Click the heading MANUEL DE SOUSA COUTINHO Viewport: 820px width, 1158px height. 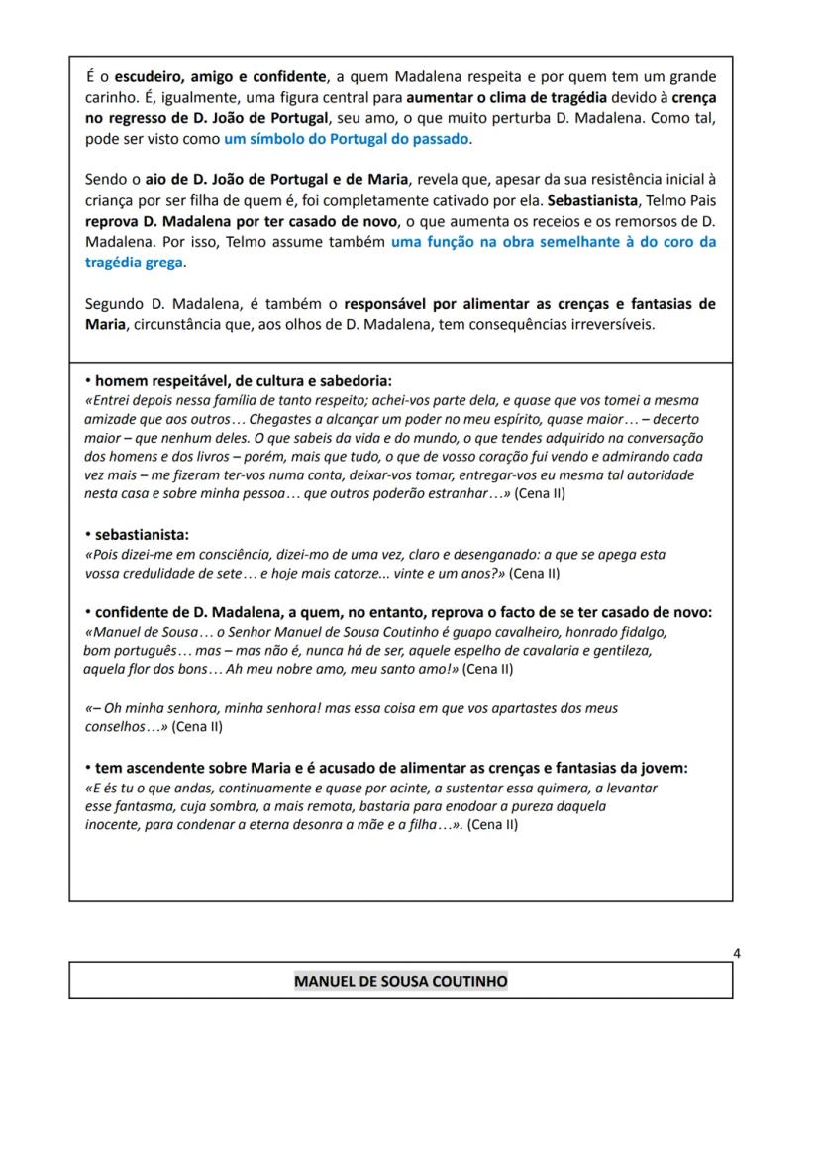tap(400, 981)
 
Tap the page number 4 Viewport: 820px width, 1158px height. tap(736, 953)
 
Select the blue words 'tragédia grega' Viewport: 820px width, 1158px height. tap(135, 263)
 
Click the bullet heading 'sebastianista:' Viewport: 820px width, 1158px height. tap(142, 534)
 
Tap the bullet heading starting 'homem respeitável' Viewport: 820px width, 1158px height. tap(243, 380)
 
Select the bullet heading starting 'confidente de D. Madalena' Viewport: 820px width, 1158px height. tap(403, 612)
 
